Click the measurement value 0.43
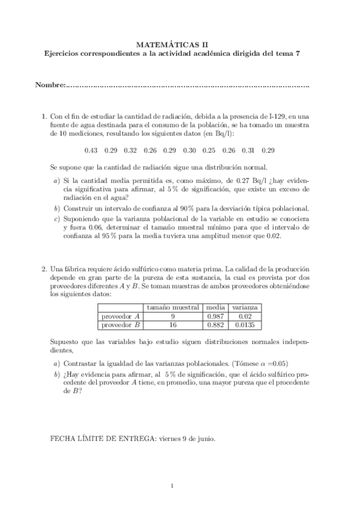click(x=91, y=150)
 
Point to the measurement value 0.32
click(x=130, y=150)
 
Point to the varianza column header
click(x=245, y=307)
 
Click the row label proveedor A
click(x=121, y=316)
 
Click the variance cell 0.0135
click(x=245, y=325)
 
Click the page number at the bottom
click(x=172, y=486)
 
